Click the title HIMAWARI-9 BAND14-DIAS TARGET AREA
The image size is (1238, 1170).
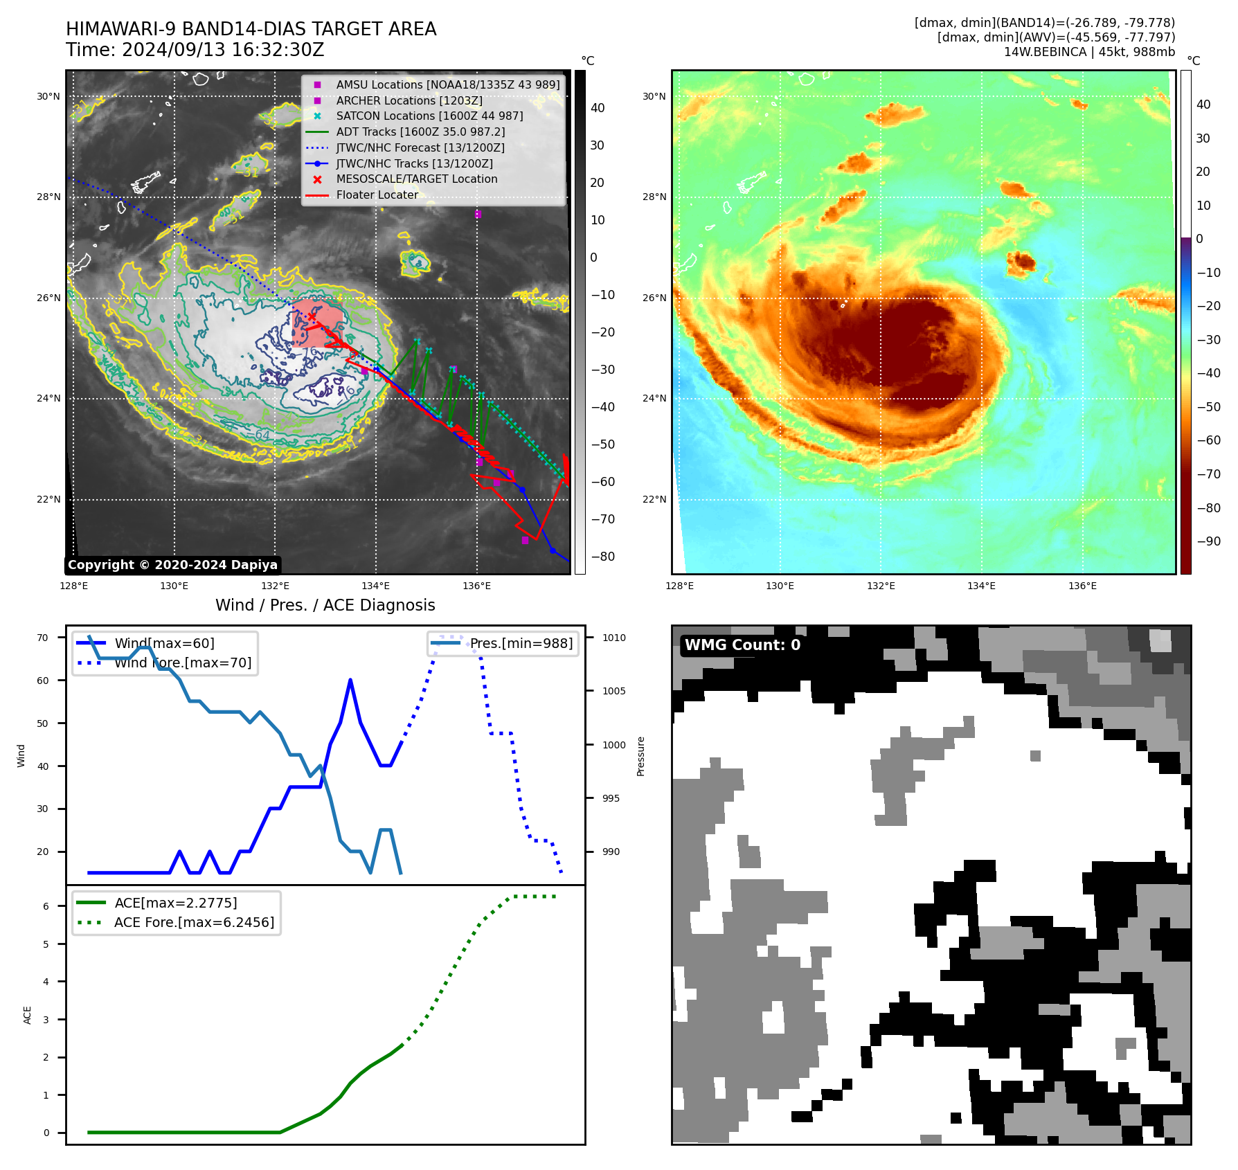pos(251,29)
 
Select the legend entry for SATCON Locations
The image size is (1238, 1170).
pos(429,116)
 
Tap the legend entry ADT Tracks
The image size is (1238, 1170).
pos(420,132)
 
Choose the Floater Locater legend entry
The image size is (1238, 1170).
pos(377,195)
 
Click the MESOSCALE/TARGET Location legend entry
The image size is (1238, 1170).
pos(416,179)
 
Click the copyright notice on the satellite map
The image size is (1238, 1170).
pos(172,565)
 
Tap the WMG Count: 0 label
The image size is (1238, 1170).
pos(742,645)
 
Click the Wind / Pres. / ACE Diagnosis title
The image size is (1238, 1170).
pos(325,606)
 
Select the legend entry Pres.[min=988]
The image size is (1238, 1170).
pos(521,644)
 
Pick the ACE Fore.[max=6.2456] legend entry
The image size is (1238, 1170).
pos(194,923)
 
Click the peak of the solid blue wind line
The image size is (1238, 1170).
pos(350,681)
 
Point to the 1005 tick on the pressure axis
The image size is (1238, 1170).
pos(613,691)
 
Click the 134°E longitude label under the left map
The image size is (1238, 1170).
pos(375,586)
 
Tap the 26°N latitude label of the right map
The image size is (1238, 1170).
pos(654,298)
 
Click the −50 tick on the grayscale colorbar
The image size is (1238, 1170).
pos(602,444)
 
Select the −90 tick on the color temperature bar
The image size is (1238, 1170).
pos(1208,541)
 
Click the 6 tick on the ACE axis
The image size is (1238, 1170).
pos(46,906)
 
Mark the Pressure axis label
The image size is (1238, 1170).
pos(640,756)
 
